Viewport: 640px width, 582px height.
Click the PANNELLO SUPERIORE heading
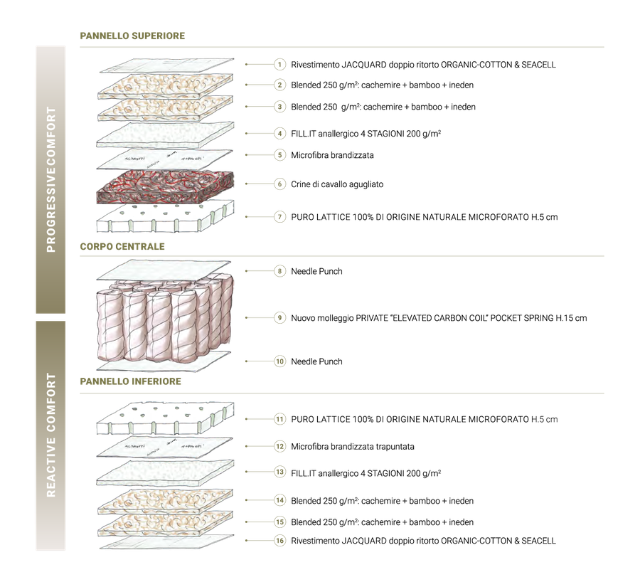132,36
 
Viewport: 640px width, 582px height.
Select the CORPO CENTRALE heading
122,247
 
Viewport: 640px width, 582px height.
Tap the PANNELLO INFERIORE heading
131,381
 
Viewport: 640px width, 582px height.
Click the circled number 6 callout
279,184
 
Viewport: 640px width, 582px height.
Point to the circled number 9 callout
279,318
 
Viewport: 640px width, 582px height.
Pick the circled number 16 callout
279,541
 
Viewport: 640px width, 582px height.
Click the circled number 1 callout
279,65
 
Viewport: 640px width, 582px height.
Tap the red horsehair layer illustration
165,187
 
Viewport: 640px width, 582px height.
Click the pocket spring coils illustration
165,319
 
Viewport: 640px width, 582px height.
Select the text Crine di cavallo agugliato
337,184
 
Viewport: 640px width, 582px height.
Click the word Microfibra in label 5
310,155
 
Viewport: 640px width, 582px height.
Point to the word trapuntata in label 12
395,447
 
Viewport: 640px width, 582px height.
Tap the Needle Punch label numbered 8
316,271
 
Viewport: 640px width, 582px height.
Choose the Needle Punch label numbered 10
316,361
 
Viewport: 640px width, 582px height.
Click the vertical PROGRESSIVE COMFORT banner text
51,180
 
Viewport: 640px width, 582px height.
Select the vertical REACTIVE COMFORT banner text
51,435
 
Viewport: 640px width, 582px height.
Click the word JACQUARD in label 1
364,65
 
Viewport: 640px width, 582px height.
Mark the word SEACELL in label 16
539,541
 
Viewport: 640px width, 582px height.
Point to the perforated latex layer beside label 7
165,216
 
